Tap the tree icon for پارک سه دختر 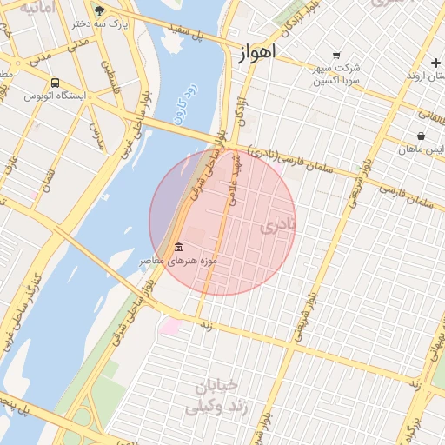click(x=99, y=10)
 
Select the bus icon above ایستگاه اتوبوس click(x=55, y=83)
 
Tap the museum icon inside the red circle click(x=178, y=247)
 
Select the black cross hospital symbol click(x=435, y=63)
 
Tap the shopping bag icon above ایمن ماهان click(x=421, y=136)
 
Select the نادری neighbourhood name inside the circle click(x=278, y=226)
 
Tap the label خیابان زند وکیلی click(x=218, y=396)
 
